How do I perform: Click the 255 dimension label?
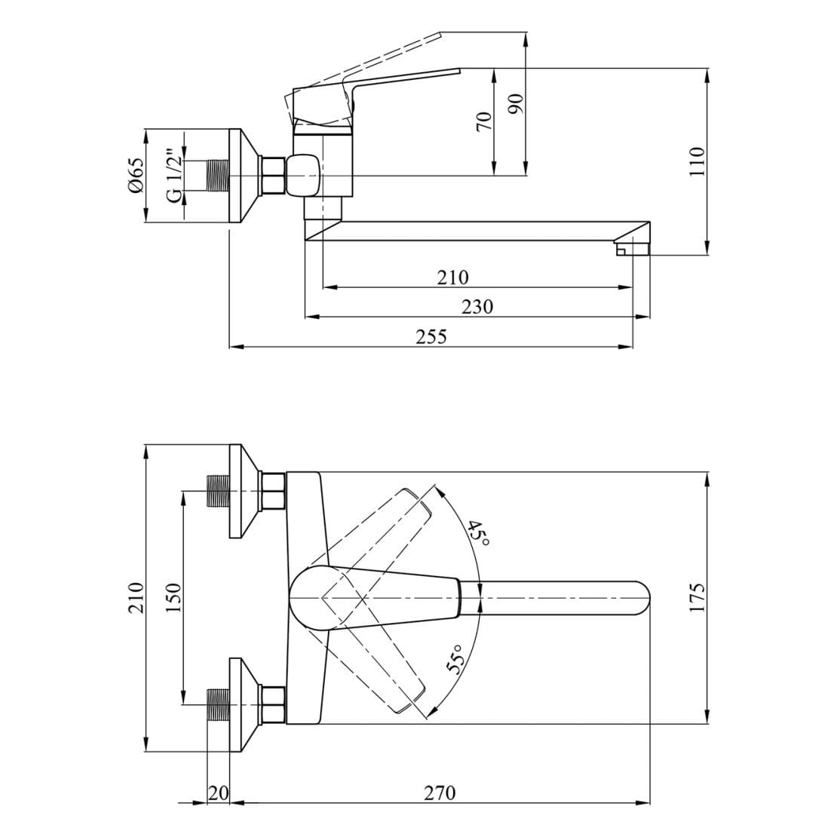[431, 337]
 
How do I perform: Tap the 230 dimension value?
[477, 307]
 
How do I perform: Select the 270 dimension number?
[440, 793]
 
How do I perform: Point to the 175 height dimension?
[697, 598]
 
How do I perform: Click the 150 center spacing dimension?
[174, 598]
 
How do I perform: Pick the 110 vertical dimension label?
[697, 161]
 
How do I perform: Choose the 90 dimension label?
[516, 103]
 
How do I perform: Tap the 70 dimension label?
[483, 121]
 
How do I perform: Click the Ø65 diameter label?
[136, 176]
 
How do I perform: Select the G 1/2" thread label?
[173, 176]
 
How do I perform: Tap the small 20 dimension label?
[218, 793]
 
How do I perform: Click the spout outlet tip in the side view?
[632, 249]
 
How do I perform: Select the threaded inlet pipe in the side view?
[217, 176]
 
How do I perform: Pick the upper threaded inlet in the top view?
[218, 491]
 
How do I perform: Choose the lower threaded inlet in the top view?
[218, 704]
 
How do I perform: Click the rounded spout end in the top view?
[638, 598]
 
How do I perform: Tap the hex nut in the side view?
[271, 176]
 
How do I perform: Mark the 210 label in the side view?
[452, 277]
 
